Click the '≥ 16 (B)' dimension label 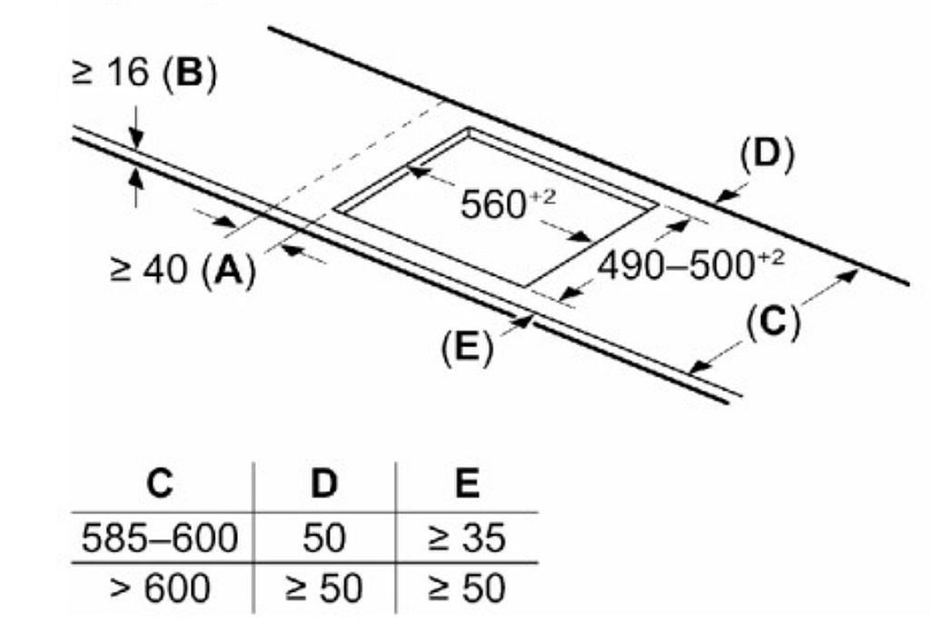[144, 74]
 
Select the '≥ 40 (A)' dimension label [183, 271]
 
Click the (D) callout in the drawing [767, 155]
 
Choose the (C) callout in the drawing [773, 322]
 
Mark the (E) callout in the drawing [467, 348]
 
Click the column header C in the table [160, 483]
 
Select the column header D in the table [324, 483]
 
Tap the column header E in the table [468, 483]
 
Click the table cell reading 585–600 [160, 538]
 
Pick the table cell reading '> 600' [160, 589]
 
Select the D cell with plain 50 [324, 538]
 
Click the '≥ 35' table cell [467, 538]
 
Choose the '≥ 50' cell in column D [324, 589]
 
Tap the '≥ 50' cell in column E [467, 589]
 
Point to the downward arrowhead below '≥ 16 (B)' [136, 140]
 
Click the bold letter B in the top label [189, 73]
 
